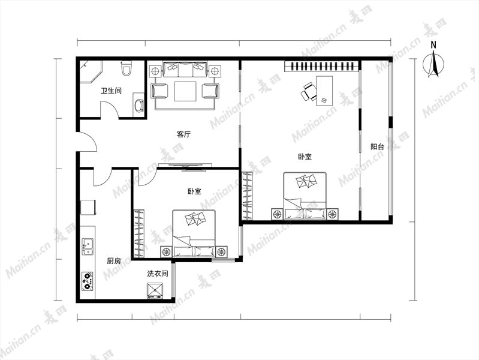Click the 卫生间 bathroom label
tap(111, 91)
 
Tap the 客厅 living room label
tap(183, 134)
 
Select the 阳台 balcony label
tap(377, 146)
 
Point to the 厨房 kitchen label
tap(114, 261)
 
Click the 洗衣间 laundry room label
tap(158, 274)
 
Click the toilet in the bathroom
tap(126, 68)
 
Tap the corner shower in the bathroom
tap(91, 71)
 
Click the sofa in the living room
tap(185, 70)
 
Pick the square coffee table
tap(185, 91)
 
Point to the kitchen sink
tap(88, 246)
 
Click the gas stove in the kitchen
tap(88, 281)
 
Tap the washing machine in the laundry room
tap(155, 291)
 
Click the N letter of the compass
tap(433, 45)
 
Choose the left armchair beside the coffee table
tap(160, 91)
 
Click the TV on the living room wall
tap(185, 166)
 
